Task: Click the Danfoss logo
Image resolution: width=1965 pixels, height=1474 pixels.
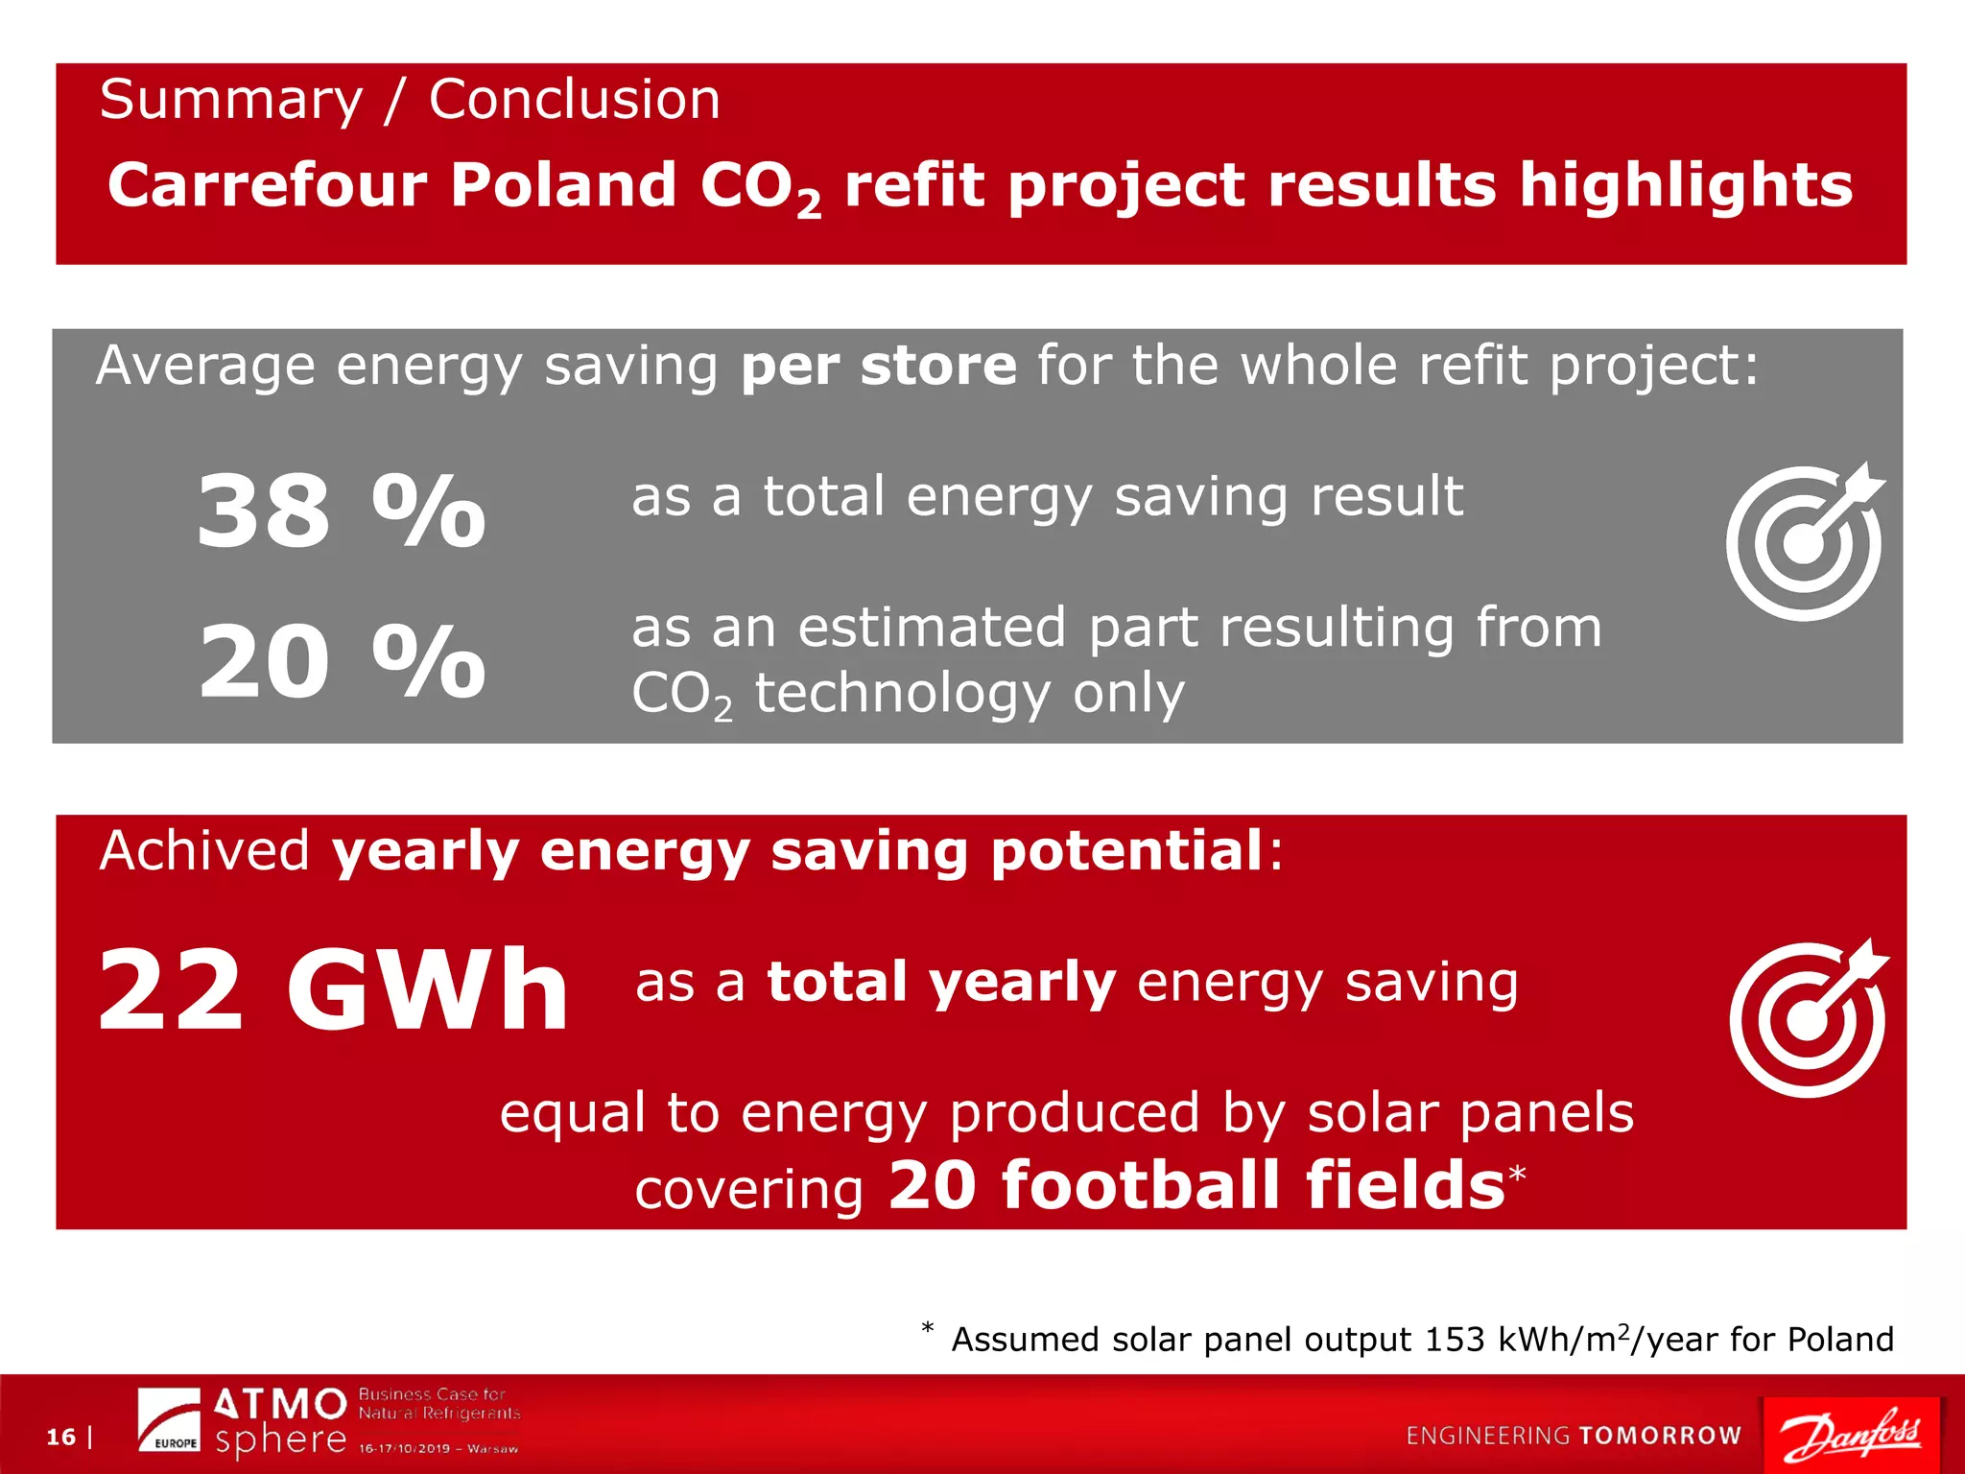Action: pyautogui.click(x=1851, y=1434)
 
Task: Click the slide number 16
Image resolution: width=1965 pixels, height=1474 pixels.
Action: pyautogui.click(x=60, y=1437)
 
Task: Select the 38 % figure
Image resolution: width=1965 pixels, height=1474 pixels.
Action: pyautogui.click(x=341, y=511)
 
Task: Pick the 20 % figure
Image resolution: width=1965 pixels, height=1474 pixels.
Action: pyautogui.click(x=342, y=661)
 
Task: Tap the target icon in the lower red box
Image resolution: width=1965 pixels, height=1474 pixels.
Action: pyautogui.click(x=1808, y=1018)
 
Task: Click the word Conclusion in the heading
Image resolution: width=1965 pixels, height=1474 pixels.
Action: pyautogui.click(x=574, y=99)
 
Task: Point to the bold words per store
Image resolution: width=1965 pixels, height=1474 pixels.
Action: pyautogui.click(x=878, y=366)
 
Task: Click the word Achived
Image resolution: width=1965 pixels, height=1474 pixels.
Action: pyautogui.click(x=203, y=850)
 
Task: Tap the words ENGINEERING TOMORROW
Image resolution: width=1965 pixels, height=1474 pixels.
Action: pyautogui.click(x=1573, y=1435)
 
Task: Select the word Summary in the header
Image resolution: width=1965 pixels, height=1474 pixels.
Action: pyautogui.click(x=231, y=99)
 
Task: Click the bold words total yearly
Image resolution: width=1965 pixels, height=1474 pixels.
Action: pyautogui.click(x=941, y=983)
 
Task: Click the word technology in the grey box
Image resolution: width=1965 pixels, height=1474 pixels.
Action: pyautogui.click(x=902, y=693)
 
